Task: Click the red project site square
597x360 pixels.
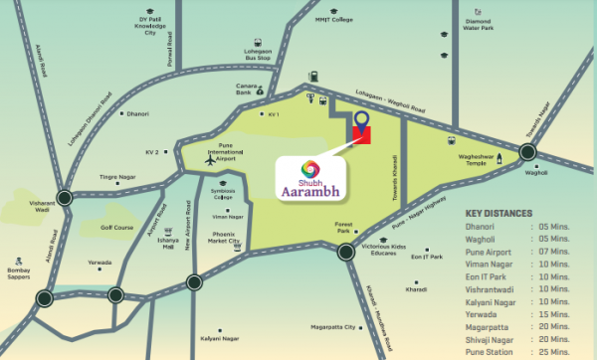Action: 360,135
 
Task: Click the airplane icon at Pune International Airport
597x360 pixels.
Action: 209,159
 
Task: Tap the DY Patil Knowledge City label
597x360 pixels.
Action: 151,27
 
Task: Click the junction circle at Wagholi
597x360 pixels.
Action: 526,152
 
